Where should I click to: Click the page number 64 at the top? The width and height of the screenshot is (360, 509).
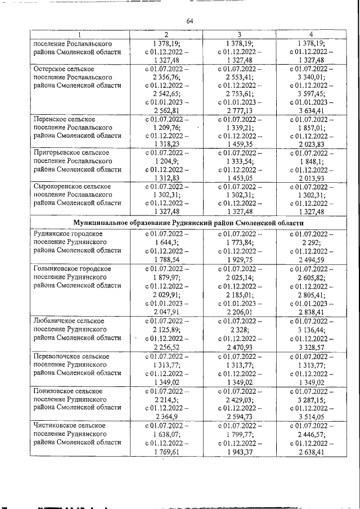pyautogui.click(x=190, y=21)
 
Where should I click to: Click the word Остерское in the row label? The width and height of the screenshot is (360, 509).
pyautogui.click(x=49, y=69)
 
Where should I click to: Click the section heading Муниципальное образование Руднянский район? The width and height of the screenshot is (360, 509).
pyautogui.click(x=188, y=223)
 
